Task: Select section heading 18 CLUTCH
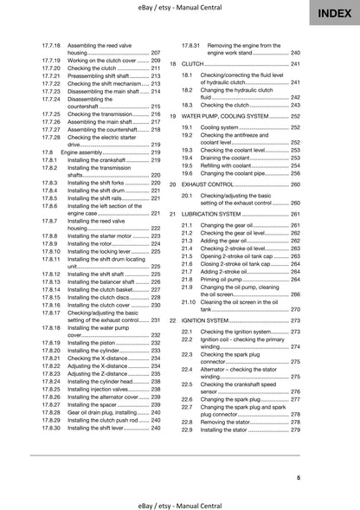tap(193, 64)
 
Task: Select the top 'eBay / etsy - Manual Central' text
tap(180, 7)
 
